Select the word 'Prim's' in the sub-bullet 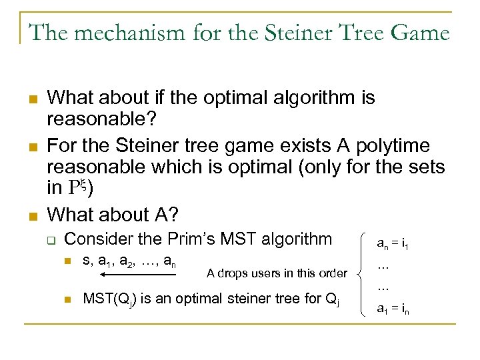point(213,239)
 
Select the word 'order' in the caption point(333,273)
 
